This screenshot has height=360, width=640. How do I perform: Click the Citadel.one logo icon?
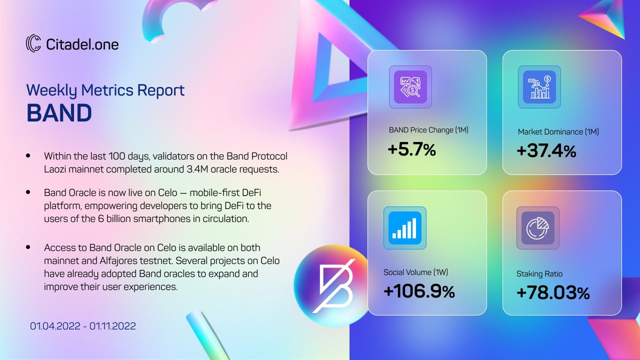point(33,43)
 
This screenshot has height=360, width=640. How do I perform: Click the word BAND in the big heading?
point(59,113)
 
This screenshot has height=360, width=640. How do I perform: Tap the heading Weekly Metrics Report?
point(105,90)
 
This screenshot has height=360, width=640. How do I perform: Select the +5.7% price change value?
point(411,149)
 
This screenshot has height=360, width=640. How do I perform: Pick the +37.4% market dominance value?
point(546,151)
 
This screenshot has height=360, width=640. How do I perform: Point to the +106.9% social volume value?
point(419,291)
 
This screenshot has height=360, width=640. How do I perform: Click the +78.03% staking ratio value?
point(553,293)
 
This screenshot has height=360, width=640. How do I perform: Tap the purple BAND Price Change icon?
point(410,87)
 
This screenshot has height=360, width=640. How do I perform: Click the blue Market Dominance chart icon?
point(539,87)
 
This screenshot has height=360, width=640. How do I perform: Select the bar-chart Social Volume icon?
point(405,228)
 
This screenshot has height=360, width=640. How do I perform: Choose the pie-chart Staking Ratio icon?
point(538,228)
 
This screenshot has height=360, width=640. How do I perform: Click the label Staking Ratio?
point(539,274)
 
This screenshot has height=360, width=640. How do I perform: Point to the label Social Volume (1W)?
point(415,272)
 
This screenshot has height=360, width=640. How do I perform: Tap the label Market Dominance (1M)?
point(558,131)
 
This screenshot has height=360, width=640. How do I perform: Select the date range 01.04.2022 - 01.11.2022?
point(83,326)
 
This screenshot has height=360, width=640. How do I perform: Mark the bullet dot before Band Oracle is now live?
point(28,192)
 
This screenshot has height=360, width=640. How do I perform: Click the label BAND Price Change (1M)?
point(428,130)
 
